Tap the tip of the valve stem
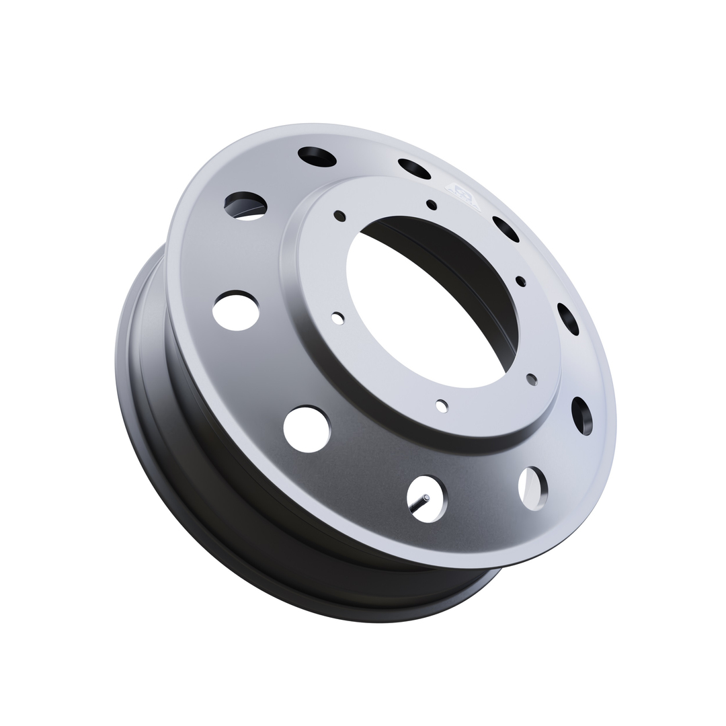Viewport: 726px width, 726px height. click(x=426, y=498)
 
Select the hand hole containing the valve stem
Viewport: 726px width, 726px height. click(x=427, y=499)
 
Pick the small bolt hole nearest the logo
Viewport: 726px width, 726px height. click(x=432, y=205)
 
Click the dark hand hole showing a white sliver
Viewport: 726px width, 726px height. click(x=245, y=206)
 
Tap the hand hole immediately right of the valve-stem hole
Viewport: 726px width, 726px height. click(x=533, y=488)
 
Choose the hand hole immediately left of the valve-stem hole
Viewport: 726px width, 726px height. click(x=307, y=429)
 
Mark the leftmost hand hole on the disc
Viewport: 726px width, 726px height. click(x=236, y=311)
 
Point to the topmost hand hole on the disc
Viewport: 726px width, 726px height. click(x=317, y=157)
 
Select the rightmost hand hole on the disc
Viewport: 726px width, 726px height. click(x=582, y=415)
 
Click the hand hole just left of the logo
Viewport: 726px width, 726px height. click(x=414, y=169)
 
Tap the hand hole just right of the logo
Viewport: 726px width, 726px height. click(x=506, y=229)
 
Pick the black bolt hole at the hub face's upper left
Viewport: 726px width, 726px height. click(x=339, y=216)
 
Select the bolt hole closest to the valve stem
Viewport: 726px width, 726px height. click(x=442, y=406)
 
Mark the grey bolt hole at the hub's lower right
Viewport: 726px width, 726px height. click(x=532, y=380)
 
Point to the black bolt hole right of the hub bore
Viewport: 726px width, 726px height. click(x=520, y=281)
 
